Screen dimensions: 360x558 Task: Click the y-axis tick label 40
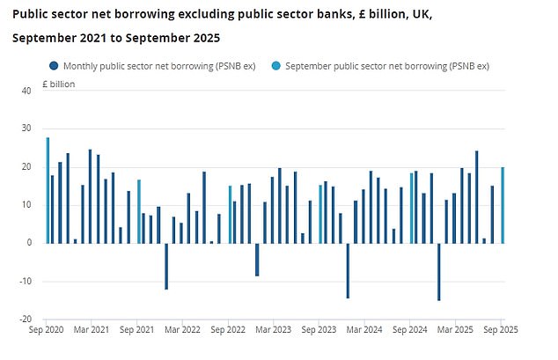point(26,91)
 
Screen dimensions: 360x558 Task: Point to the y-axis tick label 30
point(26,129)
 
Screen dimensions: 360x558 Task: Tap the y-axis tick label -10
point(25,281)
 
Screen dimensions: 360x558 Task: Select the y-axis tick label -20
point(25,320)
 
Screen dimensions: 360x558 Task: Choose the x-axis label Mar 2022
point(186,328)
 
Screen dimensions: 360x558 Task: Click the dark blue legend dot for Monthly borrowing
point(54,65)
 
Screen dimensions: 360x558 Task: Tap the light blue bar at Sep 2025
point(503,205)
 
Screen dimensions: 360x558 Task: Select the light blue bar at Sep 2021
point(139,211)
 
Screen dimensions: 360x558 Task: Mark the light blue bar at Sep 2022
point(231,214)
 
